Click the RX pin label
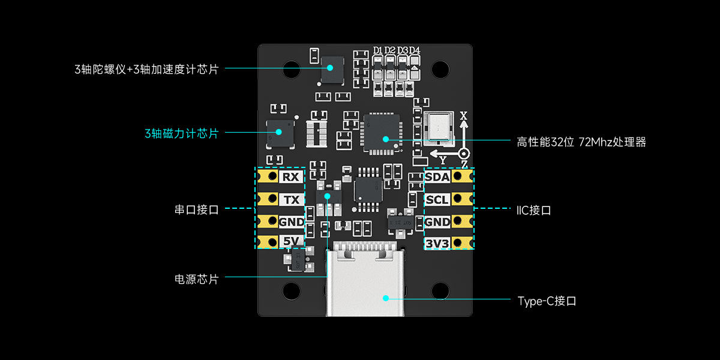point(291,177)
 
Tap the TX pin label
point(291,200)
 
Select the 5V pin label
point(291,242)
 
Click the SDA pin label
point(437,177)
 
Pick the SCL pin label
point(437,200)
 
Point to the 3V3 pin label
point(437,243)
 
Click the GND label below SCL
point(437,222)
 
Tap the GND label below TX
point(291,222)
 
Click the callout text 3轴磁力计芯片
point(181,133)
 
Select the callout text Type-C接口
point(547,301)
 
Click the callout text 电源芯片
point(196,280)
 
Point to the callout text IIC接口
point(533,211)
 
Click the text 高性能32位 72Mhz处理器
point(581,142)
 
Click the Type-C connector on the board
point(364,282)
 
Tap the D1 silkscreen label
point(378,50)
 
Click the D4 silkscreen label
point(415,50)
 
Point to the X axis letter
point(463,115)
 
